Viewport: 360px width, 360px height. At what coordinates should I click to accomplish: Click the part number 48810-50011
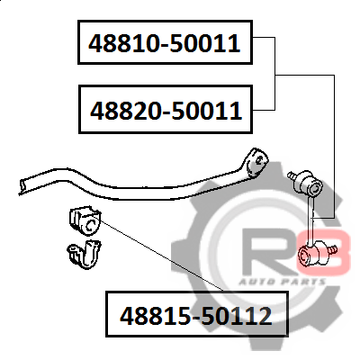click(165, 43)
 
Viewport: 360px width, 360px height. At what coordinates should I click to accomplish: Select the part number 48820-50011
click(166, 111)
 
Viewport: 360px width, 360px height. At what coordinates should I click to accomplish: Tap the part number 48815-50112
click(196, 316)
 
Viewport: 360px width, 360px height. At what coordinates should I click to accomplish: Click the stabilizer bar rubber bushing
click(85, 221)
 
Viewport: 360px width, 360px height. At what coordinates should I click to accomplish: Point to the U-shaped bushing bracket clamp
click(85, 255)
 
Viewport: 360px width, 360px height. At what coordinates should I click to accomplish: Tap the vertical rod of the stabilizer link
click(312, 219)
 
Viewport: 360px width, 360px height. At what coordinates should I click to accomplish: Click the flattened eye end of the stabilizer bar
click(256, 163)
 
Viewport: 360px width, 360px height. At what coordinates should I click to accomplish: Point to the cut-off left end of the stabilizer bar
click(22, 186)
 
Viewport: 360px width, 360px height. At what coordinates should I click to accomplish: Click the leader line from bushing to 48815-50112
click(162, 256)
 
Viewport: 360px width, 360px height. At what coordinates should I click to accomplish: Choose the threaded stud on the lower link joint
click(332, 249)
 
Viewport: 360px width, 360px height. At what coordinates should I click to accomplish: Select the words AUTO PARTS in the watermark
click(282, 282)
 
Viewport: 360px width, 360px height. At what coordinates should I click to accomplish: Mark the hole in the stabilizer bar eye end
click(258, 160)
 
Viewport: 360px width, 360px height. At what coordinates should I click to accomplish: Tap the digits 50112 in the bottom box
click(236, 316)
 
